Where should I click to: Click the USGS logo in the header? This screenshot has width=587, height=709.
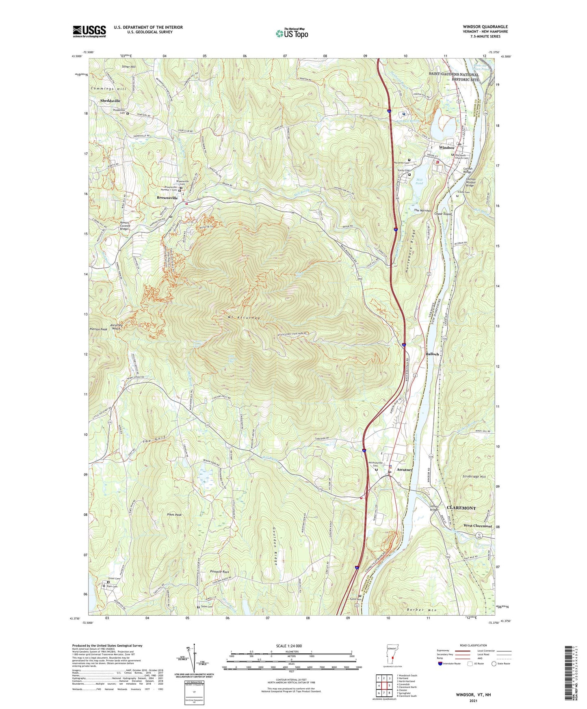pos(89,31)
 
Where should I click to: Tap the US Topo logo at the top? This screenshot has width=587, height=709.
pos(292,33)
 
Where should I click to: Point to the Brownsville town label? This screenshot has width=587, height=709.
pos(167,198)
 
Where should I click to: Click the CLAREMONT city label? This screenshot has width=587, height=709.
pos(461,508)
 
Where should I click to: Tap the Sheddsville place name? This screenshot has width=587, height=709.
pos(110,100)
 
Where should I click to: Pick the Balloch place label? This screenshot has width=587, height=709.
pos(432,354)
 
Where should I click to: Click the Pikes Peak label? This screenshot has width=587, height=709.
pos(174,514)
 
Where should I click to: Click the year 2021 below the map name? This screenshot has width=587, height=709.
pos(473,700)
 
